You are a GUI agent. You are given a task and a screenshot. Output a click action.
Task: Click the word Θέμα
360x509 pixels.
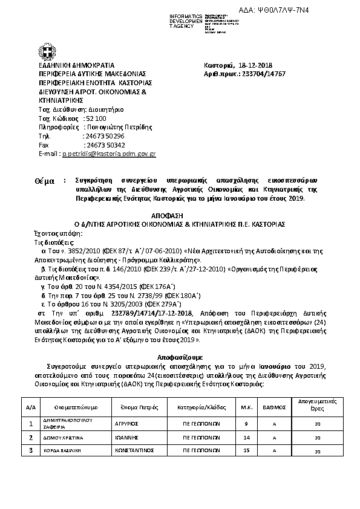click(x=45, y=181)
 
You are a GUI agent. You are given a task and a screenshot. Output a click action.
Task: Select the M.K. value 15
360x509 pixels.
click(x=246, y=451)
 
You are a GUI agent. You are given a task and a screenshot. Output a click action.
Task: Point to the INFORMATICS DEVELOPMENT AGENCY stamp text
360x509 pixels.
click(x=185, y=20)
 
